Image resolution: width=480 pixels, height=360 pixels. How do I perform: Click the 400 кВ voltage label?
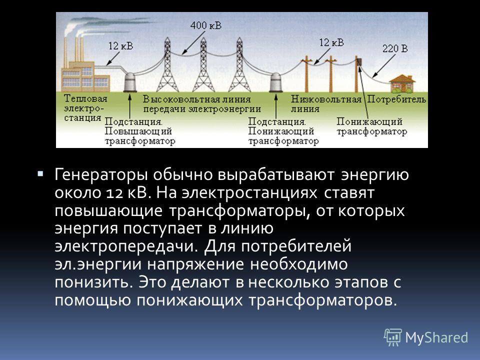[x=205, y=25]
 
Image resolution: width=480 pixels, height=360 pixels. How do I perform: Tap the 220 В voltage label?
[x=395, y=48]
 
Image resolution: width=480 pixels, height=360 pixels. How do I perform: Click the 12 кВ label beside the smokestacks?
[x=120, y=46]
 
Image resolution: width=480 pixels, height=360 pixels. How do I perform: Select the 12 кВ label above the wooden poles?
[x=331, y=42]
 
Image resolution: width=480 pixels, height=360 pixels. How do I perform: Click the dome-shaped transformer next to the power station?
[x=130, y=82]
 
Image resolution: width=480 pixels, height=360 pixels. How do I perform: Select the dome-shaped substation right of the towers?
[x=276, y=82]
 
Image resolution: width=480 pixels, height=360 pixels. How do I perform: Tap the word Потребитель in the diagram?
[x=396, y=99]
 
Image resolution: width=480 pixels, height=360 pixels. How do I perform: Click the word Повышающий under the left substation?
[x=138, y=131]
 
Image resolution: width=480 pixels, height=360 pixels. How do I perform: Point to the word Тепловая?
[x=85, y=98]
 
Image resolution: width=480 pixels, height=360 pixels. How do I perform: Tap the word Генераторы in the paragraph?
[x=101, y=175]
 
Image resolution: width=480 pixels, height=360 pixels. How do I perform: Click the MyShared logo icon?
[x=393, y=337]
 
